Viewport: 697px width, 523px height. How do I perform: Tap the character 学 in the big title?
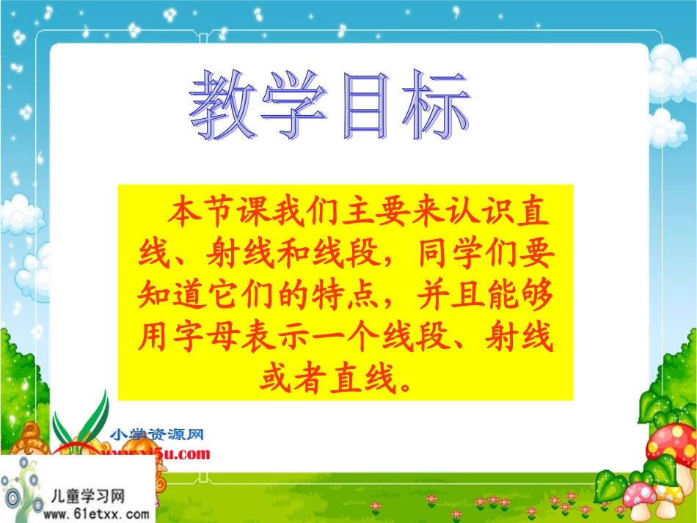296,107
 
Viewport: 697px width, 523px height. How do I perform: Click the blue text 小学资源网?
156,435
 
